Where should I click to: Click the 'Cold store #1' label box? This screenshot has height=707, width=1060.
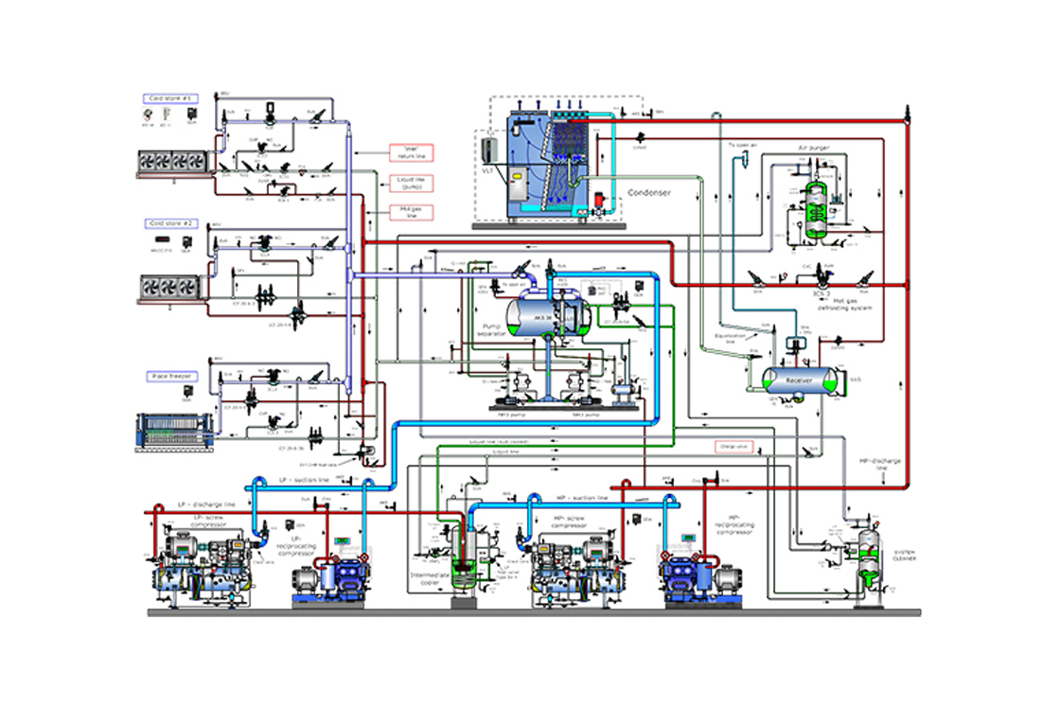pos(169,98)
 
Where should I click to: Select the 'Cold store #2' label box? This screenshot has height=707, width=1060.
pos(169,223)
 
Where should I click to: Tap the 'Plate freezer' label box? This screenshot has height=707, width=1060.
pos(170,376)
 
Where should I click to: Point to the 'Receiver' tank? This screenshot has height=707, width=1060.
pos(798,380)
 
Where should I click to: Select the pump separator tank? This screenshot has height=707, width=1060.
pos(547,313)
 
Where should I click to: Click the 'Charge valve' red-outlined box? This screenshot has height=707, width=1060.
pos(733,446)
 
